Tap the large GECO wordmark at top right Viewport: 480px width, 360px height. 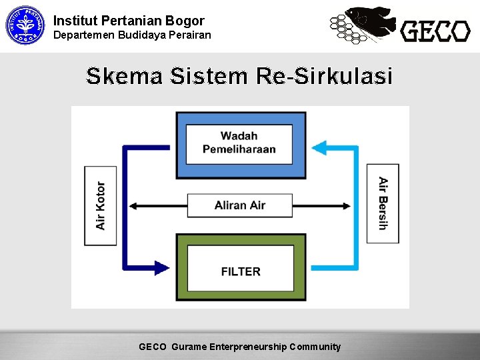point(435,31)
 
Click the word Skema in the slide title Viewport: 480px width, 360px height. point(124,77)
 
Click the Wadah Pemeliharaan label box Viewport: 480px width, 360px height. point(239,143)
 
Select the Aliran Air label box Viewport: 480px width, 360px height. point(239,205)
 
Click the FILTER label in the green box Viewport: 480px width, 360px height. point(241,271)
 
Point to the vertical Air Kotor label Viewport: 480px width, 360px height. point(101,205)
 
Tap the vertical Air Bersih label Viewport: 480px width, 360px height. point(383,203)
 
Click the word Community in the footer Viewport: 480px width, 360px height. point(315,347)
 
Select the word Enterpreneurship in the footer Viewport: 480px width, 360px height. point(248,347)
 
